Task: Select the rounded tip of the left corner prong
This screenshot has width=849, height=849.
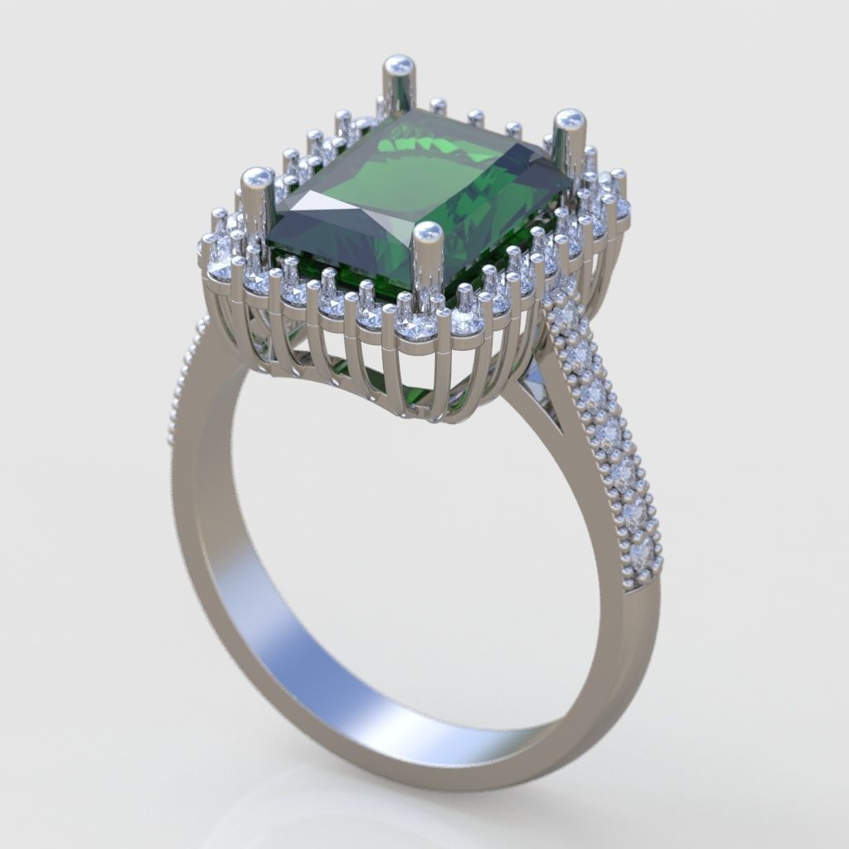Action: [257, 177]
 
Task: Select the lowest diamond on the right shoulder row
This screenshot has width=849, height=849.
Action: [641, 553]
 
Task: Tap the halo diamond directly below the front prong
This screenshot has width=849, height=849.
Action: [415, 327]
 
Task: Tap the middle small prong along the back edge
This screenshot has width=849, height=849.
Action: [475, 116]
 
